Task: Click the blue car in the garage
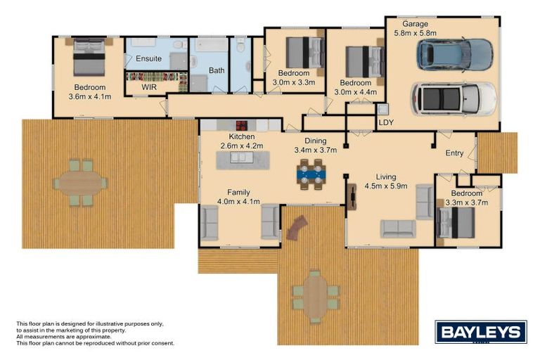[x=454, y=54]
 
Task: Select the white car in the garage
[x=454, y=98]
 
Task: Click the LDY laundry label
[x=386, y=123]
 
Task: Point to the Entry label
[x=455, y=153]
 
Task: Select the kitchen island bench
[x=241, y=159]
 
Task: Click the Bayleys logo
[x=480, y=332]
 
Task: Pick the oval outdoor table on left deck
[x=79, y=184]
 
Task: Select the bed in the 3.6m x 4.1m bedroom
[x=89, y=56]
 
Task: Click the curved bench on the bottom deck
[x=297, y=227]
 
